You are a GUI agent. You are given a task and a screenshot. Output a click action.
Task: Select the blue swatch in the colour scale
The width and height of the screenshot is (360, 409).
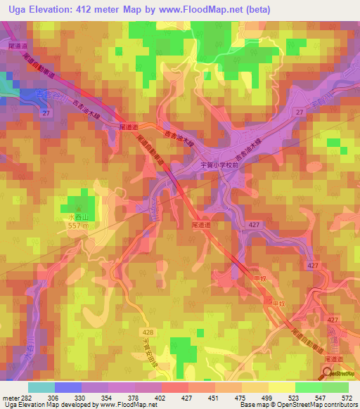tap(68, 387)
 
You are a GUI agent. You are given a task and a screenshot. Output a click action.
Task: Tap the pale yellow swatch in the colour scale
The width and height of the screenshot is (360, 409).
tap(282, 387)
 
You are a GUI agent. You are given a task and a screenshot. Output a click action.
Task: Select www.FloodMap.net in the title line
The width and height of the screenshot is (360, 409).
tap(198, 9)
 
